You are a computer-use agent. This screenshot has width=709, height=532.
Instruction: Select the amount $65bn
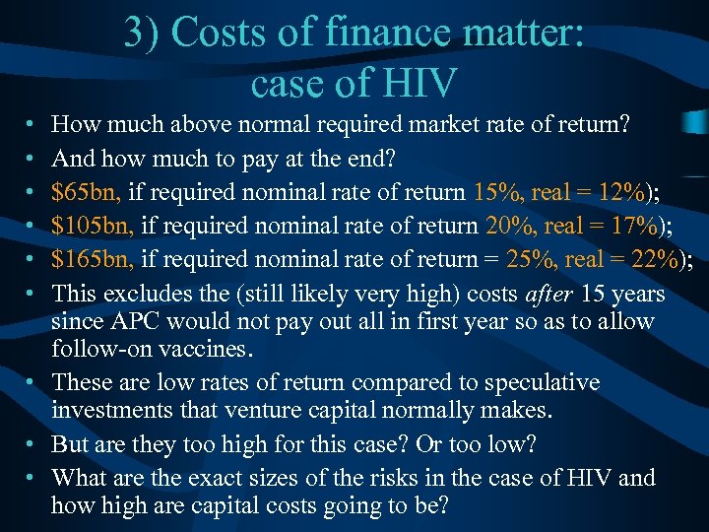pyautogui.click(x=81, y=191)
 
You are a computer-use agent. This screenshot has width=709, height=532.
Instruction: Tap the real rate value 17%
pyautogui.click(x=637, y=226)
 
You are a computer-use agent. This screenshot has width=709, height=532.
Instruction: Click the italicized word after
pyautogui.click(x=548, y=294)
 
